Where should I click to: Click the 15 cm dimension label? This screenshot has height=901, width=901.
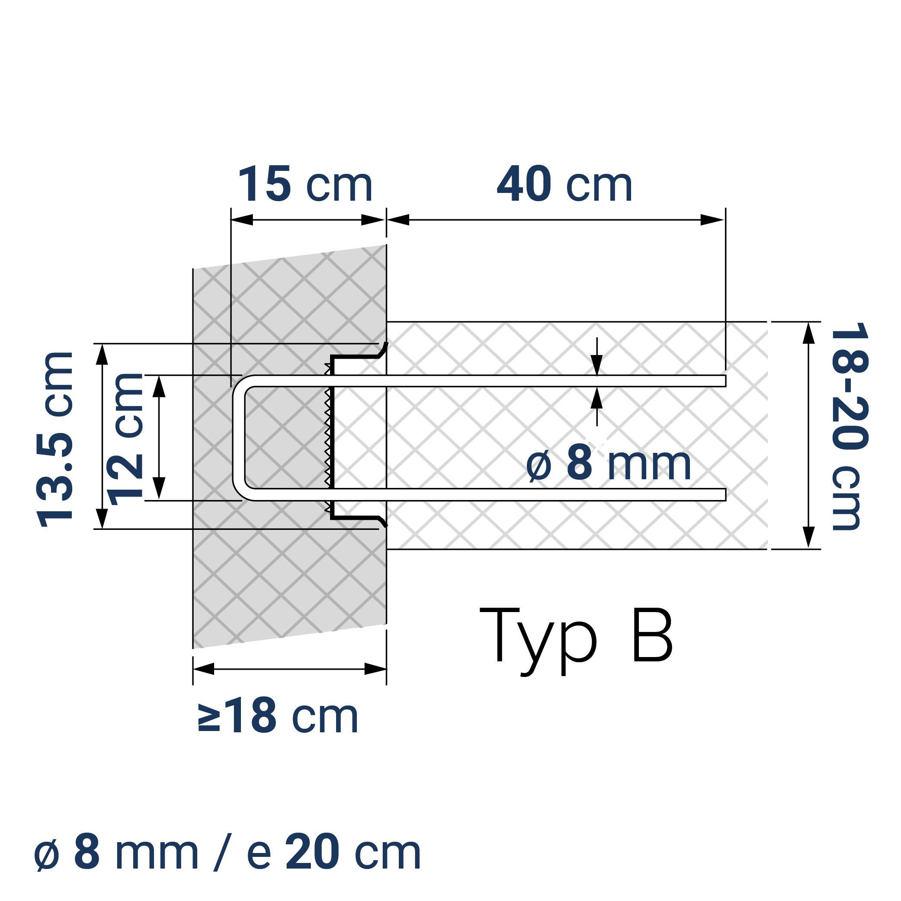(x=305, y=185)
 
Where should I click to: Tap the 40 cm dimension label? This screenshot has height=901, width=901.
(x=564, y=185)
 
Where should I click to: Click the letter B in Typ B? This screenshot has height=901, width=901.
(x=652, y=635)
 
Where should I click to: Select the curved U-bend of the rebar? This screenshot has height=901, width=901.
(x=239, y=437)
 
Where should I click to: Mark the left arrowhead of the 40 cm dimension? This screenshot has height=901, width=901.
(x=398, y=220)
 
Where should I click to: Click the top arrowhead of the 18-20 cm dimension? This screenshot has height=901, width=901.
(x=809, y=333)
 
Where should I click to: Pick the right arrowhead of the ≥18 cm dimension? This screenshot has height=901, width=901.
(x=375, y=669)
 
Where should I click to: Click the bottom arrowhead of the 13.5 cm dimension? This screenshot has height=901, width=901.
(x=102, y=519)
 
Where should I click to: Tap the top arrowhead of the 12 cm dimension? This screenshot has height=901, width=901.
(x=159, y=386)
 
